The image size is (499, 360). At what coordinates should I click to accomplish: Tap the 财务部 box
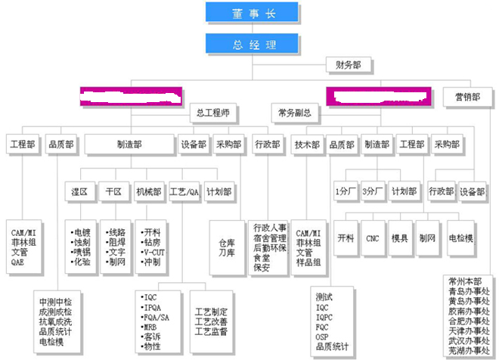click(349, 66)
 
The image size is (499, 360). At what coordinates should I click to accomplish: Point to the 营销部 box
click(466, 96)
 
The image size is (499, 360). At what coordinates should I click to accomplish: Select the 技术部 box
click(307, 144)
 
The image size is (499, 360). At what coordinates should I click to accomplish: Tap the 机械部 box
click(147, 191)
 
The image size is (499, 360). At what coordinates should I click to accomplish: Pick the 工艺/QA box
click(184, 191)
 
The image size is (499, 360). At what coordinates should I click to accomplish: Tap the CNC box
click(373, 237)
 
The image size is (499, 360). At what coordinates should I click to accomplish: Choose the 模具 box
click(400, 237)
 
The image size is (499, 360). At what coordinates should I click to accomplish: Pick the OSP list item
click(324, 337)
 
